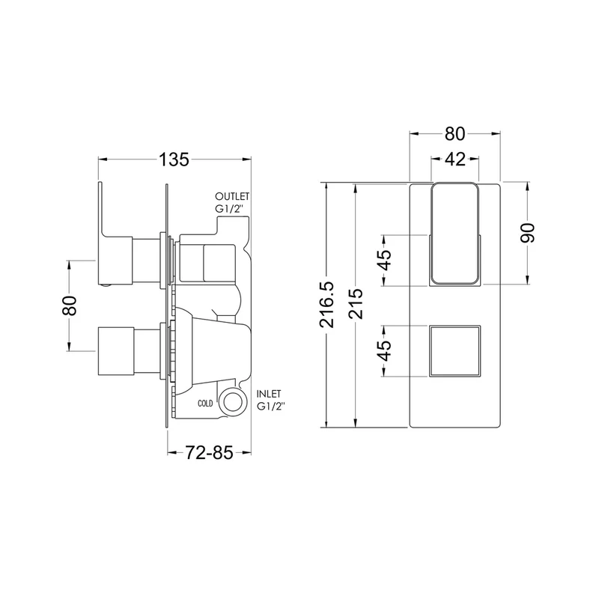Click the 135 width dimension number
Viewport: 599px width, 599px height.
pyautogui.click(x=174, y=159)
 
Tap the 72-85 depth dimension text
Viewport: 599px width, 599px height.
pyautogui.click(x=210, y=453)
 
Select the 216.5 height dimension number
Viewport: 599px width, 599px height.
pyautogui.click(x=326, y=305)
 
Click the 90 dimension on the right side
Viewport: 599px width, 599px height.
pyautogui.click(x=528, y=233)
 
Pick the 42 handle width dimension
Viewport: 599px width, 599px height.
pyautogui.click(x=455, y=159)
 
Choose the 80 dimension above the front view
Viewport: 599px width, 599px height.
pyautogui.click(x=455, y=134)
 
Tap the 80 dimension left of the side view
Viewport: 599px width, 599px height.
pyautogui.click(x=70, y=305)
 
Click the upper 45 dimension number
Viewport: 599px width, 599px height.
pyautogui.click(x=385, y=260)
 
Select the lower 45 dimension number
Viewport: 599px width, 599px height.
pyautogui.click(x=385, y=350)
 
